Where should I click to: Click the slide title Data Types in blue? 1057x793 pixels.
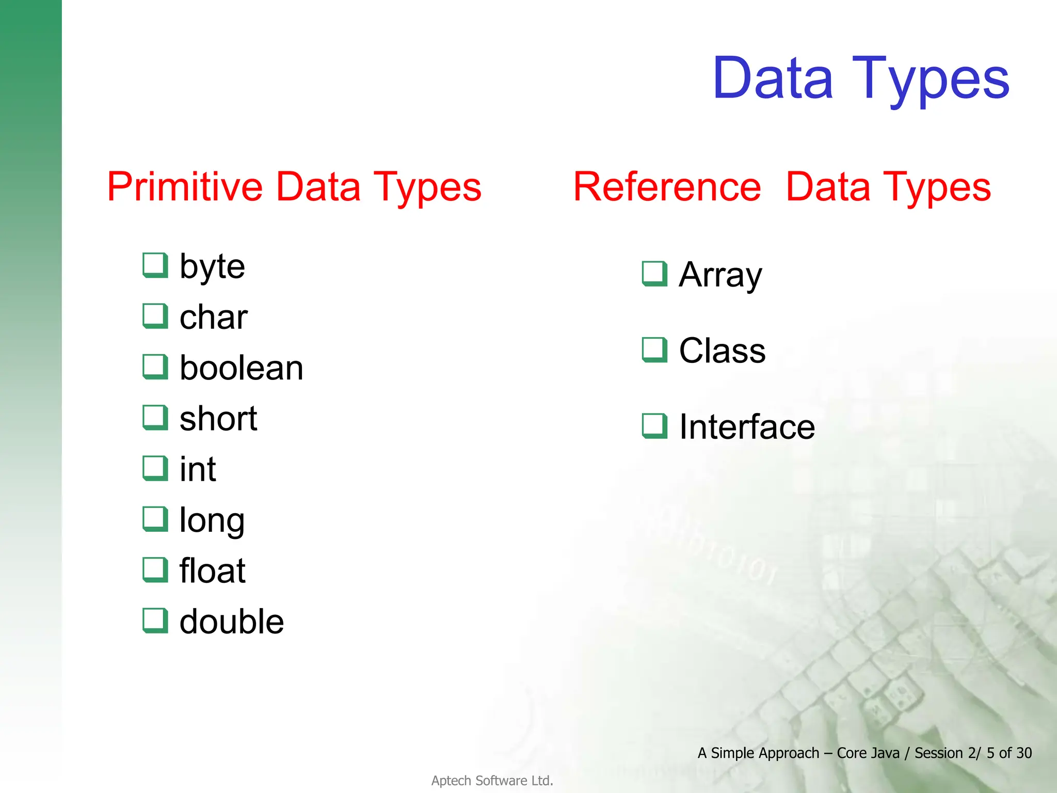[x=860, y=78]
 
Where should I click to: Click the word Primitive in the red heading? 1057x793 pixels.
[x=185, y=187]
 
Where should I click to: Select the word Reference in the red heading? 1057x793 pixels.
[x=667, y=187]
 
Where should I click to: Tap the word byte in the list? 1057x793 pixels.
[x=212, y=267]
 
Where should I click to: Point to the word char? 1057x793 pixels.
[x=213, y=317]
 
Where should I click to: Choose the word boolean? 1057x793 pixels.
[x=241, y=368]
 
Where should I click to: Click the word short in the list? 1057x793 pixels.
[x=218, y=418]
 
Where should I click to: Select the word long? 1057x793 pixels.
[x=212, y=520]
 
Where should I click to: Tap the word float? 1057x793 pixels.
[x=212, y=571]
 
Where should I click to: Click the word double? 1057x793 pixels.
[x=231, y=622]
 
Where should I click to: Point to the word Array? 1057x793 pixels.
[x=720, y=275]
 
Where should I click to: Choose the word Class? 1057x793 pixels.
[x=722, y=351]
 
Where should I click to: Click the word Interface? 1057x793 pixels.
[x=747, y=427]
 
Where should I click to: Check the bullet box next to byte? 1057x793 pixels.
[x=155, y=265]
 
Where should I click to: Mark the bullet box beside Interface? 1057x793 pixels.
[x=654, y=426]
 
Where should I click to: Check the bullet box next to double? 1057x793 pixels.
[x=155, y=620]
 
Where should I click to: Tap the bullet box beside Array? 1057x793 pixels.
[x=654, y=274]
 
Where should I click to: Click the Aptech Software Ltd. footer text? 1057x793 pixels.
[x=492, y=781]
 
